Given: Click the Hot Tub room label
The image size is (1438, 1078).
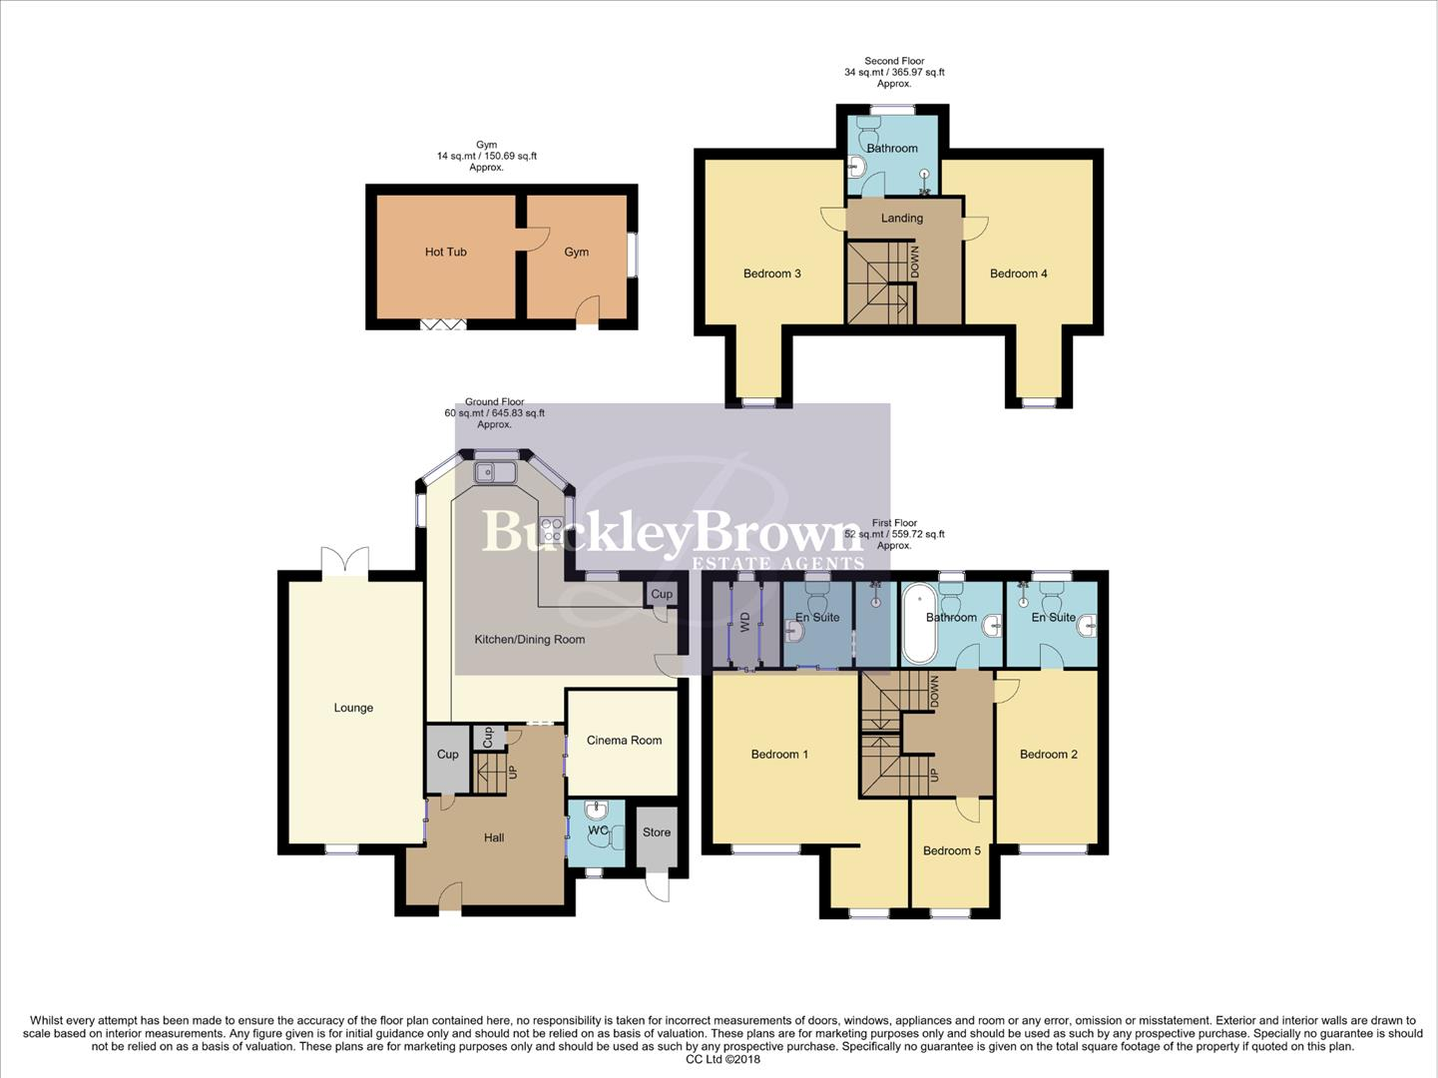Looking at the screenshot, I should tap(445, 253).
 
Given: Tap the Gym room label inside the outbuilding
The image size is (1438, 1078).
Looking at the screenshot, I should tap(576, 253).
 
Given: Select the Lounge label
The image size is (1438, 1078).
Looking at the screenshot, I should tap(353, 708).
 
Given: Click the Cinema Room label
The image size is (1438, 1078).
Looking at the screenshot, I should tap(624, 741).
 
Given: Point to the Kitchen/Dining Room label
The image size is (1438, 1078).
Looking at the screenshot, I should tap(529, 640).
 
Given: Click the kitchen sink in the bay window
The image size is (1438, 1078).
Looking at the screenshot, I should tap(494, 472).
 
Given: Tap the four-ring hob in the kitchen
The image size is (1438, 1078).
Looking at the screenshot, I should tap(551, 529).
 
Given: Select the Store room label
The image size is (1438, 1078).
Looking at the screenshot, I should tap(657, 832).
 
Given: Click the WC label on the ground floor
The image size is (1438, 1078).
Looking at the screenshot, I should tap(598, 830).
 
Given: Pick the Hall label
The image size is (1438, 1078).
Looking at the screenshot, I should tap(494, 838).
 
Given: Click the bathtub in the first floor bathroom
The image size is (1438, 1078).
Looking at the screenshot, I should tap(917, 625).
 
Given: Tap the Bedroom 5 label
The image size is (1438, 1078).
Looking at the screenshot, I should tap(951, 851).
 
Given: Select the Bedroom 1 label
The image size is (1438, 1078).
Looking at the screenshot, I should tap(779, 755).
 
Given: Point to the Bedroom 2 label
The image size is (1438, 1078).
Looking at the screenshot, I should tap(1048, 755).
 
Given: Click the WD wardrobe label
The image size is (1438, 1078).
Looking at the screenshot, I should tap(744, 623).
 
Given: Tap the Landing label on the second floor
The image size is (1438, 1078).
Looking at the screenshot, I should tap(902, 219).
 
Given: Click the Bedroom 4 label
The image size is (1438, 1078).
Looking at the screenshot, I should tap(1018, 273).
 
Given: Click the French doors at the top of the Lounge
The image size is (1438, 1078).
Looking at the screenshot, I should tap(344, 561).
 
